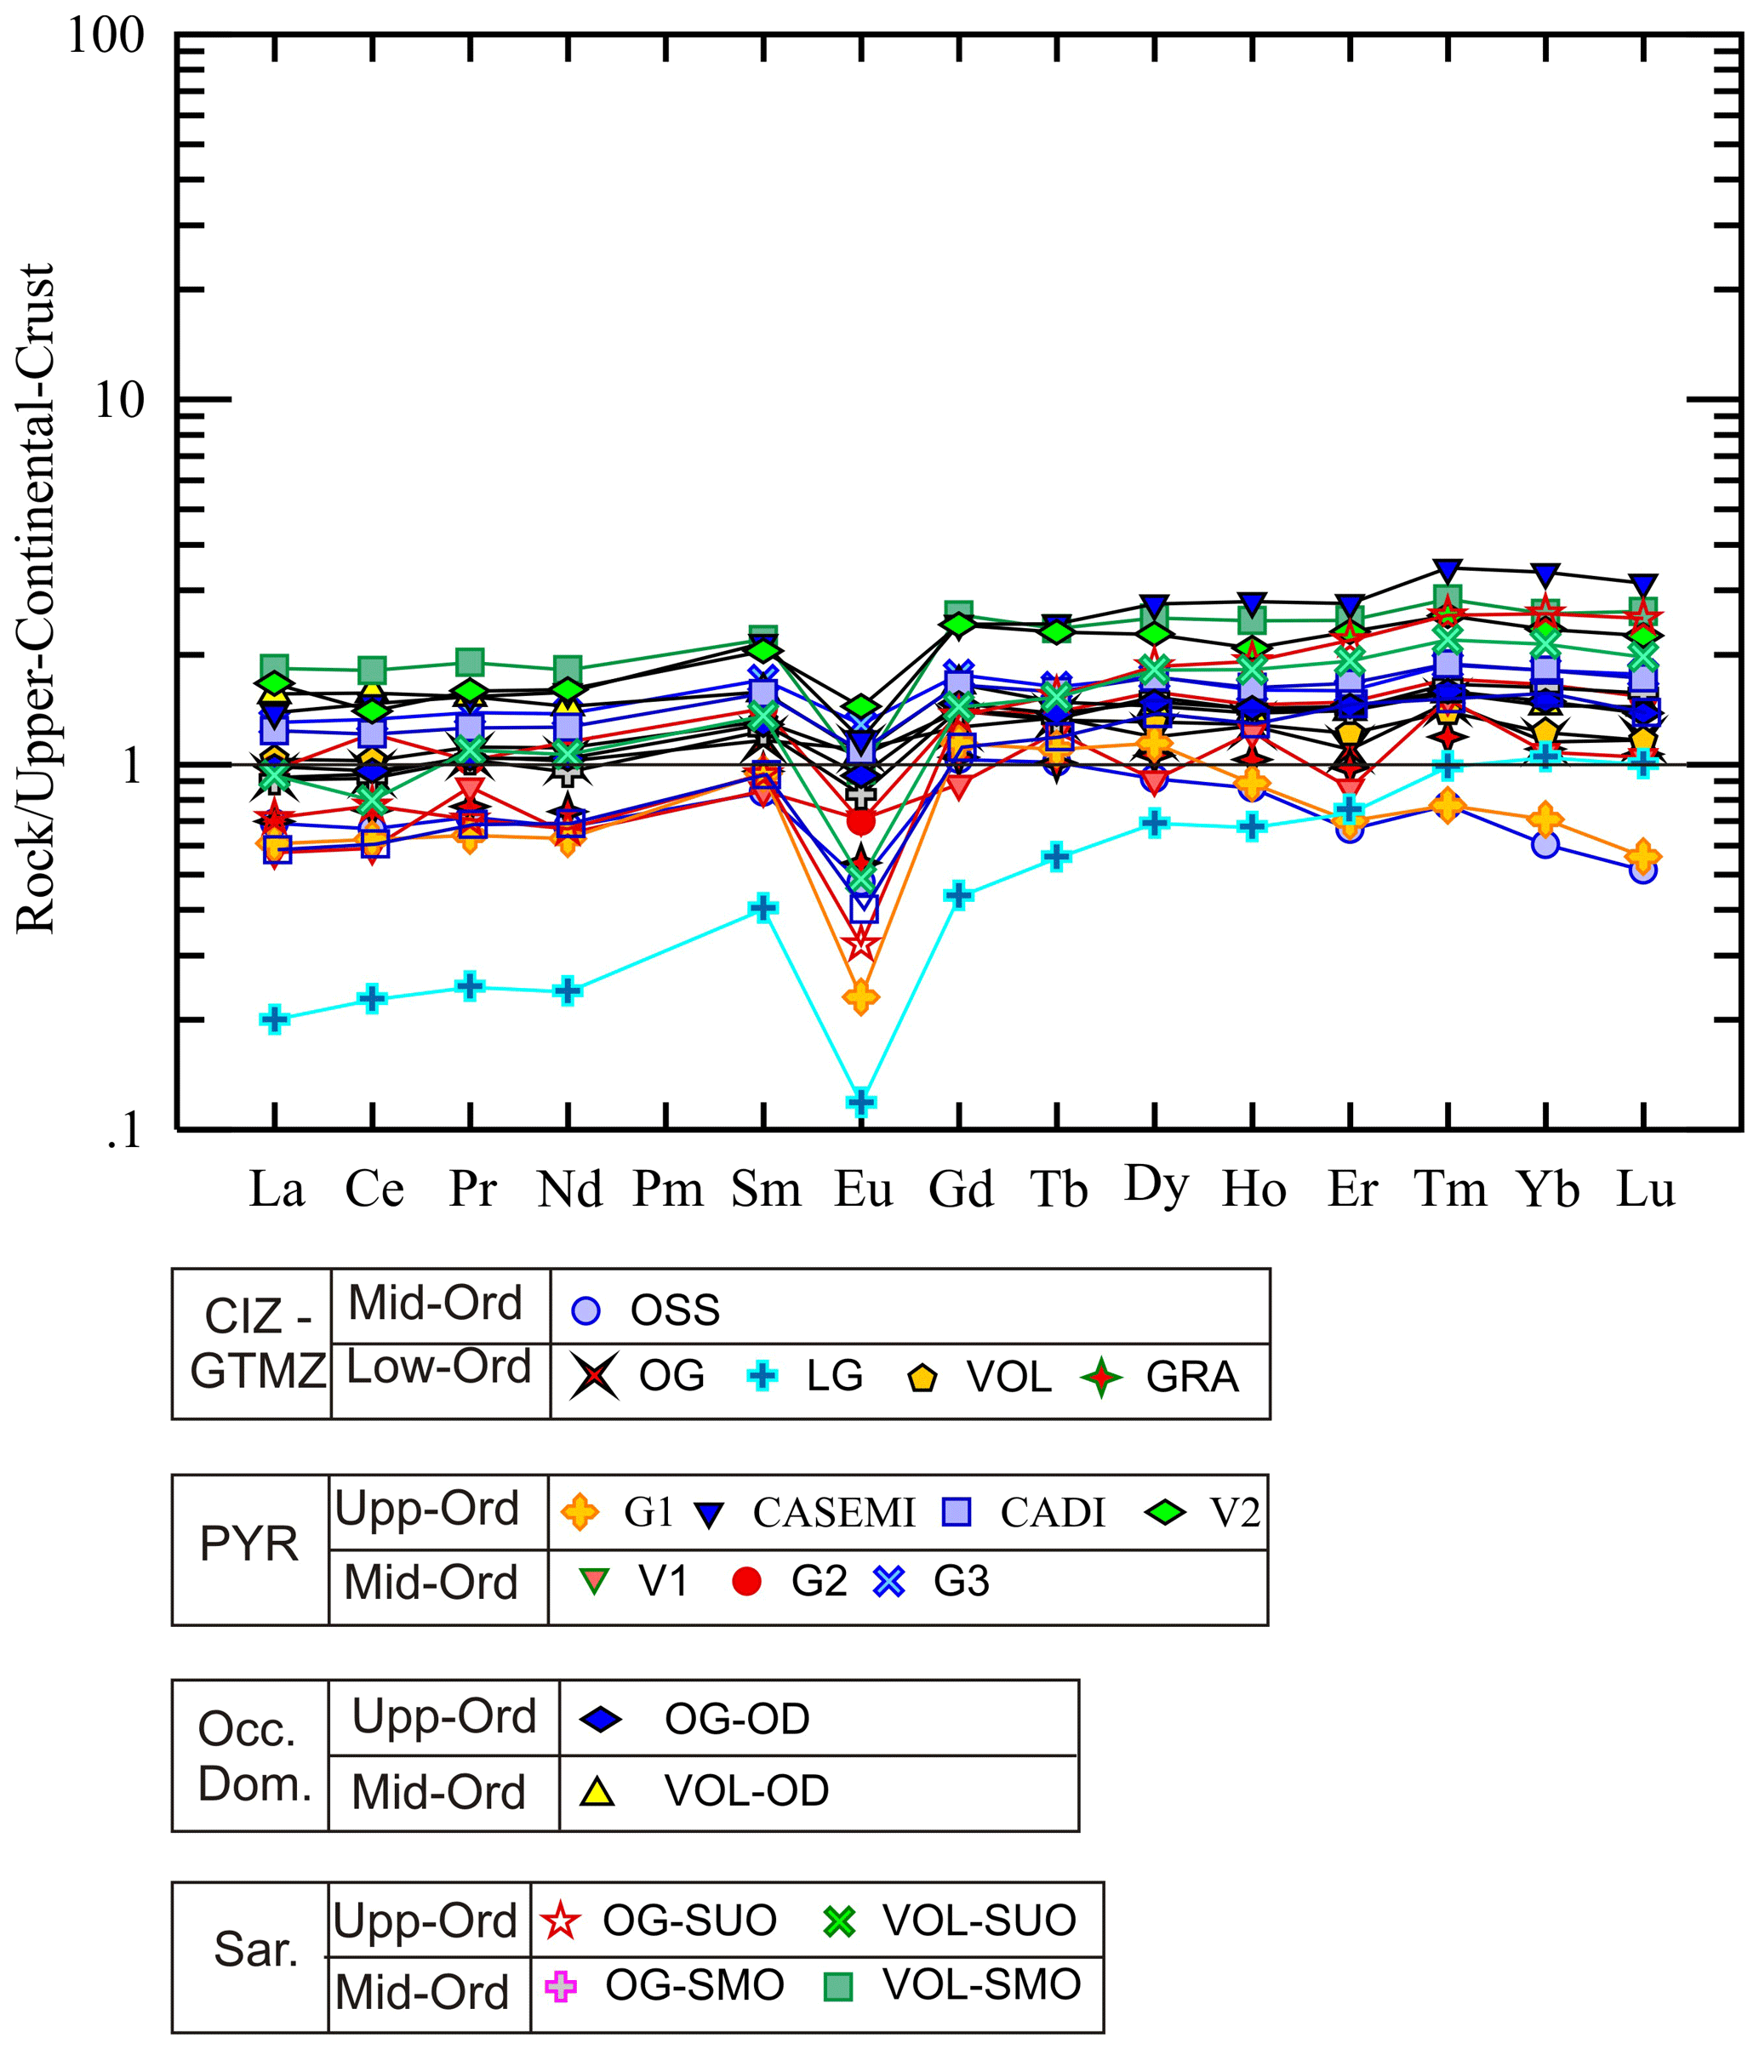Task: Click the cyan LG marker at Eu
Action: (861, 1102)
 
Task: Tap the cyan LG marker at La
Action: (274, 1019)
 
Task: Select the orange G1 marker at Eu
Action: (861, 996)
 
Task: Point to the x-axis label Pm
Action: (667, 1189)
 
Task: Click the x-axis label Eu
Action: (863, 1189)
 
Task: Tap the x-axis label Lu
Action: (1645, 1189)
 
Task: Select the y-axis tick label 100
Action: (105, 37)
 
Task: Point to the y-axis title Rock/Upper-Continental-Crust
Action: (37, 598)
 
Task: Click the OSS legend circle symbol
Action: (586, 1311)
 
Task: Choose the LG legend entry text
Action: (835, 1377)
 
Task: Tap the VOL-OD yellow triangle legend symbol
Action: (598, 1791)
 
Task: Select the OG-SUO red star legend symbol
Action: (561, 1921)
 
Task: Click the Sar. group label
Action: (256, 1950)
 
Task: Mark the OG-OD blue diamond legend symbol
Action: (601, 1720)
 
